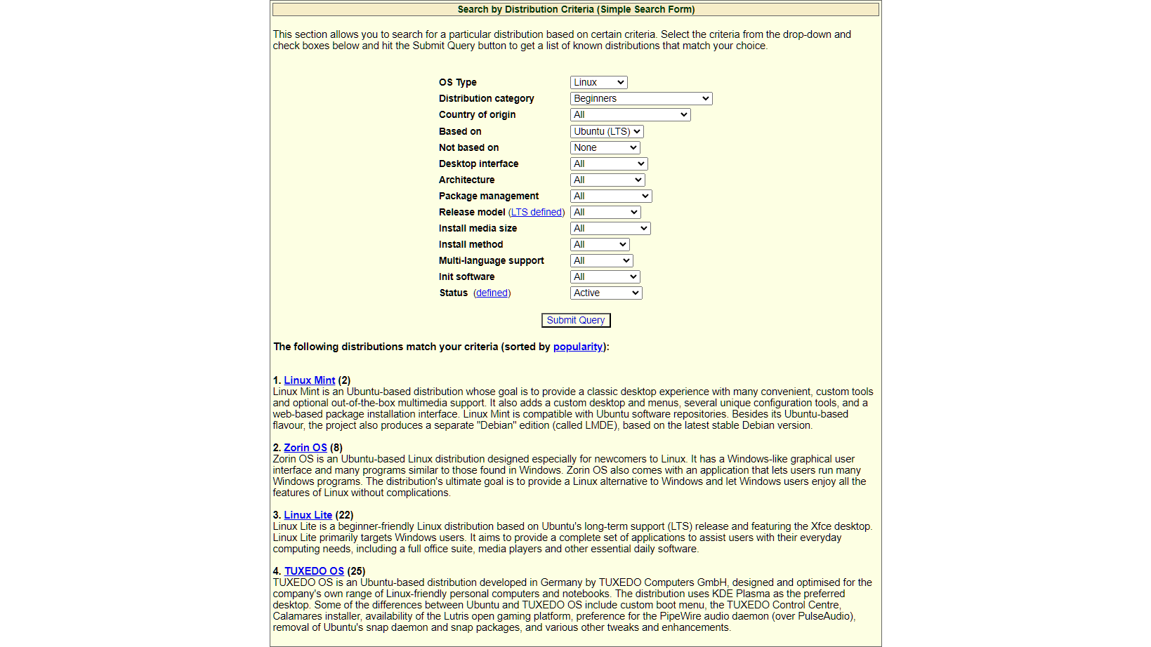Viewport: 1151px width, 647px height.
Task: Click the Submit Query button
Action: point(576,320)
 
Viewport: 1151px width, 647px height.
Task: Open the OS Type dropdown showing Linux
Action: point(598,82)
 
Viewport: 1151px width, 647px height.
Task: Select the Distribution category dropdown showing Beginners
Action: point(641,98)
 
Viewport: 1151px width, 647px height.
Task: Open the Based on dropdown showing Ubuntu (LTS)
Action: point(607,131)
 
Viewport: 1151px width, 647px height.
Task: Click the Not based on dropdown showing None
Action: point(605,147)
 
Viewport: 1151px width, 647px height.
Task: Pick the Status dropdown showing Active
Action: point(606,293)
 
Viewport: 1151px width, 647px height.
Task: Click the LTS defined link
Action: point(537,212)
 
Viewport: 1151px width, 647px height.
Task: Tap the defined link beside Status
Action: point(492,293)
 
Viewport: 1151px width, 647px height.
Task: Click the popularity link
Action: point(578,347)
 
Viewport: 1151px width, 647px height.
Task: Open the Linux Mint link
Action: point(310,380)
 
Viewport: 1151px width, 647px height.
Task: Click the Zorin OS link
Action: point(305,448)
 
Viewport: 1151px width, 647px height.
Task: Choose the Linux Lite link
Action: point(308,515)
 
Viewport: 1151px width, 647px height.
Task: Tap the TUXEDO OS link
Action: point(314,571)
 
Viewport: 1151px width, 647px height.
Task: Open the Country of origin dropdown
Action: point(630,114)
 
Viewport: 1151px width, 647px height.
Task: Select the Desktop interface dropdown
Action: point(608,164)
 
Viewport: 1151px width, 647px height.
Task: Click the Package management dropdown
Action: point(611,196)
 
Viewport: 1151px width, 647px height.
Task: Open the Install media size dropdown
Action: point(610,228)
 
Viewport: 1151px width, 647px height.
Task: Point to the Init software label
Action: point(466,276)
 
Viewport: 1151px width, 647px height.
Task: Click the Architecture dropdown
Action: point(607,180)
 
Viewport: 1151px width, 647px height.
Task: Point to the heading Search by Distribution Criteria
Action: point(576,9)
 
